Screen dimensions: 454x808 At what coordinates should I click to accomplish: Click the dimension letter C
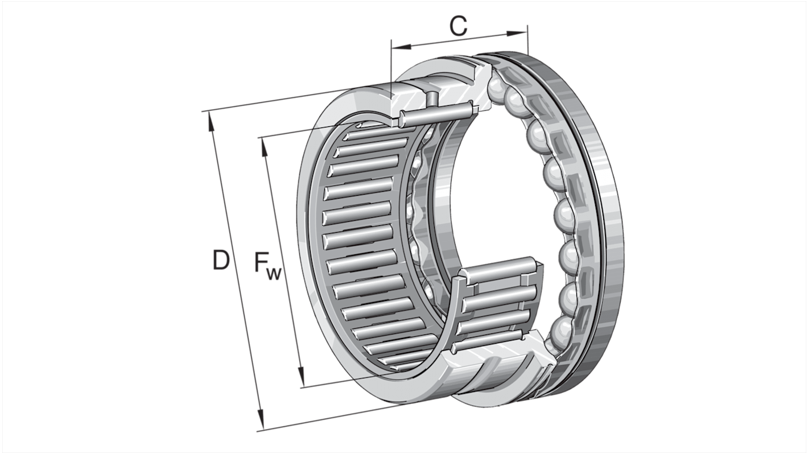[x=458, y=26]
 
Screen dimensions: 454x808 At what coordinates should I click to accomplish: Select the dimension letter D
[x=221, y=260]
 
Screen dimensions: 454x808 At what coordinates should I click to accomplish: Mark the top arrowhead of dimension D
[x=211, y=119]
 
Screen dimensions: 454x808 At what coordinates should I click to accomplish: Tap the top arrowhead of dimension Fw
[x=263, y=145]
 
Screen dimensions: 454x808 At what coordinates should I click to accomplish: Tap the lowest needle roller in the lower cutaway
[x=492, y=340]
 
